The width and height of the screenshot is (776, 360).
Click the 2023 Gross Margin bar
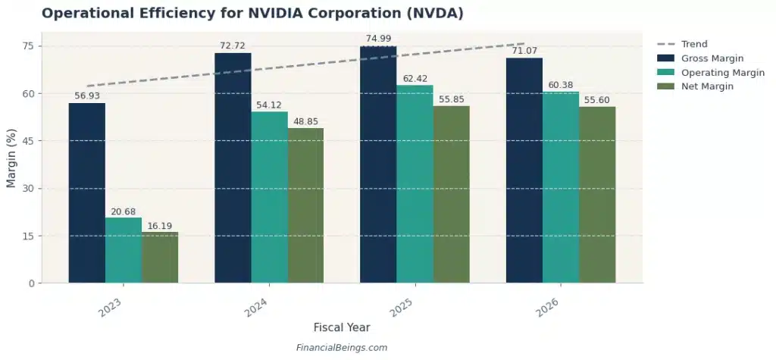(86, 193)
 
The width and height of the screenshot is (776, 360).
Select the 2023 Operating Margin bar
(123, 250)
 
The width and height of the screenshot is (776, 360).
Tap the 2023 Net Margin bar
(160, 258)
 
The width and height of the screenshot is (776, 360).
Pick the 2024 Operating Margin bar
(269, 197)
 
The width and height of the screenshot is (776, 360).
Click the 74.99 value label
(378, 39)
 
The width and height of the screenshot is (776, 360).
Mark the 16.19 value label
(160, 225)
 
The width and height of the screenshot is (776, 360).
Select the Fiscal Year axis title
(342, 327)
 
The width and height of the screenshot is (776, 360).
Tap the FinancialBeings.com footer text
(342, 348)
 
